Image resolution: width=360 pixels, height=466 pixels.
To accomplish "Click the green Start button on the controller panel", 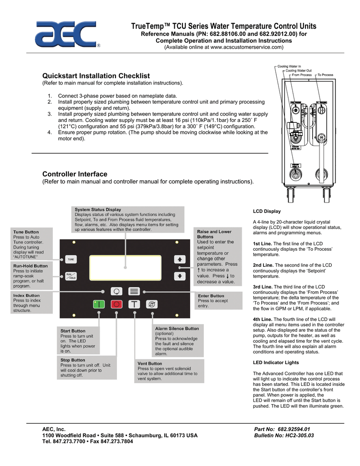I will (x=99, y=304).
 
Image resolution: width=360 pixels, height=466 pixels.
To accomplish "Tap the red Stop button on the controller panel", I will (x=117, y=304).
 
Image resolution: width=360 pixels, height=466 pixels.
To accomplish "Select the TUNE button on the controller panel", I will (x=71, y=259).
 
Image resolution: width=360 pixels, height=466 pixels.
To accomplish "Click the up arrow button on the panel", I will (x=179, y=258).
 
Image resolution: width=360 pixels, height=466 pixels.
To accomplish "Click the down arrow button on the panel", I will (x=179, y=276).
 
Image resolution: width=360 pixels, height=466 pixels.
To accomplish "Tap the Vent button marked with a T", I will (x=134, y=304).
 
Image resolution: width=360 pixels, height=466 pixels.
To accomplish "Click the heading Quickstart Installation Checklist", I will (x=96, y=76).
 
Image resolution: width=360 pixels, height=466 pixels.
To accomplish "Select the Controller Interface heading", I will (x=75, y=174).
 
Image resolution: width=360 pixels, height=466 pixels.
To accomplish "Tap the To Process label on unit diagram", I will (x=325, y=75).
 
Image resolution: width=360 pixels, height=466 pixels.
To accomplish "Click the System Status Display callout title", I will (x=98, y=210).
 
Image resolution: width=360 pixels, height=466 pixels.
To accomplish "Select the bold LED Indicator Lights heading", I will (x=275, y=362).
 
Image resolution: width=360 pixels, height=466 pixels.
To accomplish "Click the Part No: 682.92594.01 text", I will (x=282, y=429).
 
